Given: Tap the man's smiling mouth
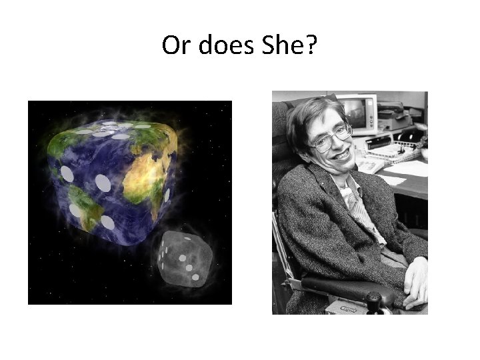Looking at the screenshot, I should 343,155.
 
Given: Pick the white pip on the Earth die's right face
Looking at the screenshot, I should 167,195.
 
